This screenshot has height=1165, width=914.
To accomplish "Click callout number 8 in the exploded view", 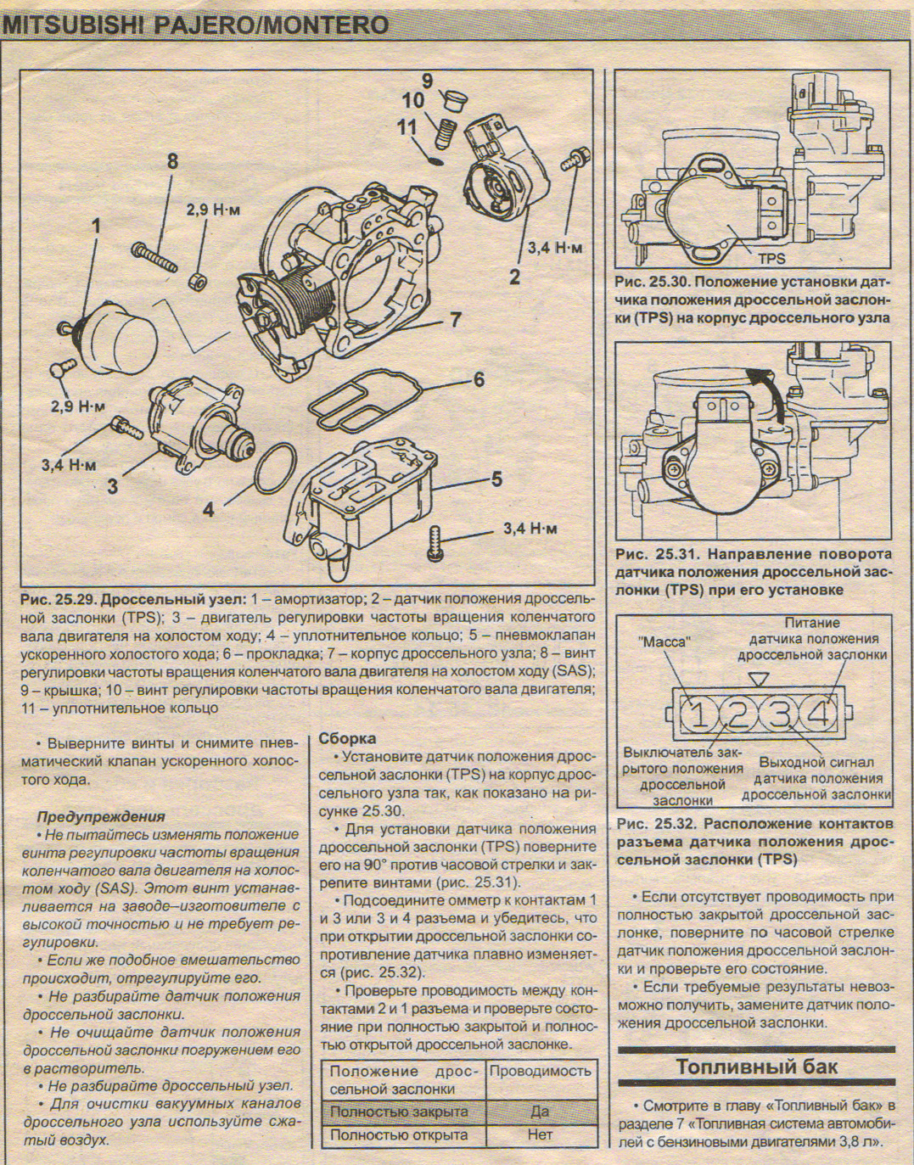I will [172, 160].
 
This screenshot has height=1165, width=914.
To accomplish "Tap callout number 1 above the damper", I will [96, 227].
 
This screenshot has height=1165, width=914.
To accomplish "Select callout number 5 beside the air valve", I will [496, 479].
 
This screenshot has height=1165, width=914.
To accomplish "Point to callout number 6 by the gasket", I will [479, 378].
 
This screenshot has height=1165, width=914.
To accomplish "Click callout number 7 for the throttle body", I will [456, 319].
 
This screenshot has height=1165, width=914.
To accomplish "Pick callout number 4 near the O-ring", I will [209, 509].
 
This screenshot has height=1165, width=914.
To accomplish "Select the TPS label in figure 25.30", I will [771, 258].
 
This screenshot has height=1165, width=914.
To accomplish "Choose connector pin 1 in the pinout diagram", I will [698, 715].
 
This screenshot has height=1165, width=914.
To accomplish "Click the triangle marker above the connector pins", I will [759, 678].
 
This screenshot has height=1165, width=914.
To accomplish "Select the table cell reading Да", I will [539, 1111].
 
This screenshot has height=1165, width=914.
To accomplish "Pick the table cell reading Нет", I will [539, 1134].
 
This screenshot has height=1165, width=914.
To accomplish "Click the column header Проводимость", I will [540, 1071].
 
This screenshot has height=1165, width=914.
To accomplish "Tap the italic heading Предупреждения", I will [101, 816].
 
